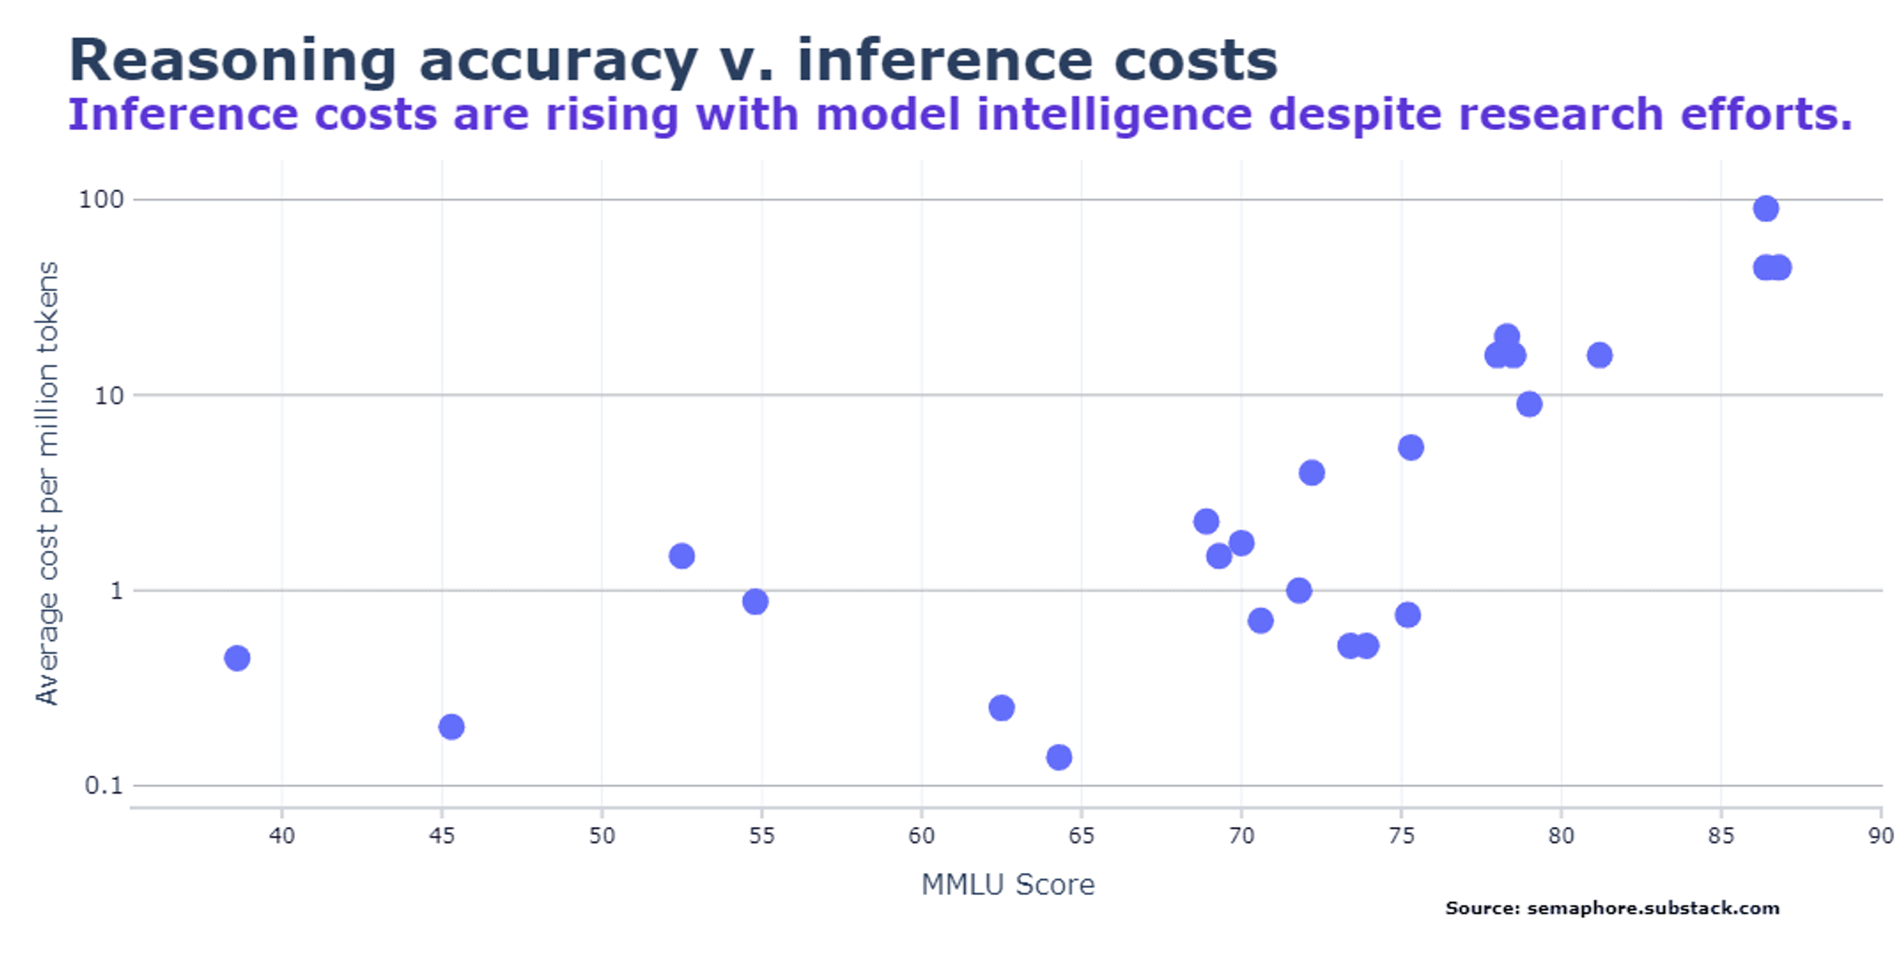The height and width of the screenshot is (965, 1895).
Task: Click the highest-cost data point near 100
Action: (1765, 209)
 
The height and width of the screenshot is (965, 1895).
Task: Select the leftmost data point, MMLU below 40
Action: (237, 658)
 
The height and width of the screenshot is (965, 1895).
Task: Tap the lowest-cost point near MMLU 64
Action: (1059, 757)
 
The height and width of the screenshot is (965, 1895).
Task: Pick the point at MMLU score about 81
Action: (1600, 356)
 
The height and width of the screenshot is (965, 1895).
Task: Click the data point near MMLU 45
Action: (451, 727)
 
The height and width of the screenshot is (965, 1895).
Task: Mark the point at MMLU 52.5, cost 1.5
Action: (681, 556)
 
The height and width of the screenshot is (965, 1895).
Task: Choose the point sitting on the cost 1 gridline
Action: (1299, 591)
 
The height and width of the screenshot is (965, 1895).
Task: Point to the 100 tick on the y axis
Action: (102, 200)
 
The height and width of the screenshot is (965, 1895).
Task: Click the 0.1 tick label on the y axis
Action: (104, 785)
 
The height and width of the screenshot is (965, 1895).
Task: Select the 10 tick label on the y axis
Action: (110, 395)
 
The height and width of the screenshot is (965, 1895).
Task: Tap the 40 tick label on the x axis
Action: (282, 836)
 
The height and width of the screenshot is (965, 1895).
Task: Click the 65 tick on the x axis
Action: (1081, 836)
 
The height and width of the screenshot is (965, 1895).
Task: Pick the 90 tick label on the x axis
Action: (1881, 836)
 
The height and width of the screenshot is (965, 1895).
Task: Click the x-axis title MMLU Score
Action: (1008, 885)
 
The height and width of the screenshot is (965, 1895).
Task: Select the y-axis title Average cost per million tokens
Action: (47, 483)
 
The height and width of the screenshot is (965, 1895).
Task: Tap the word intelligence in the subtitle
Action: (1115, 116)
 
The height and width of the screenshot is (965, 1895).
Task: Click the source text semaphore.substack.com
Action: (1653, 908)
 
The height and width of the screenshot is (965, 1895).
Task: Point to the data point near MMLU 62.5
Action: (1001, 708)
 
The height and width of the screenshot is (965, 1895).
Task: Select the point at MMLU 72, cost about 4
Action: (1312, 473)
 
